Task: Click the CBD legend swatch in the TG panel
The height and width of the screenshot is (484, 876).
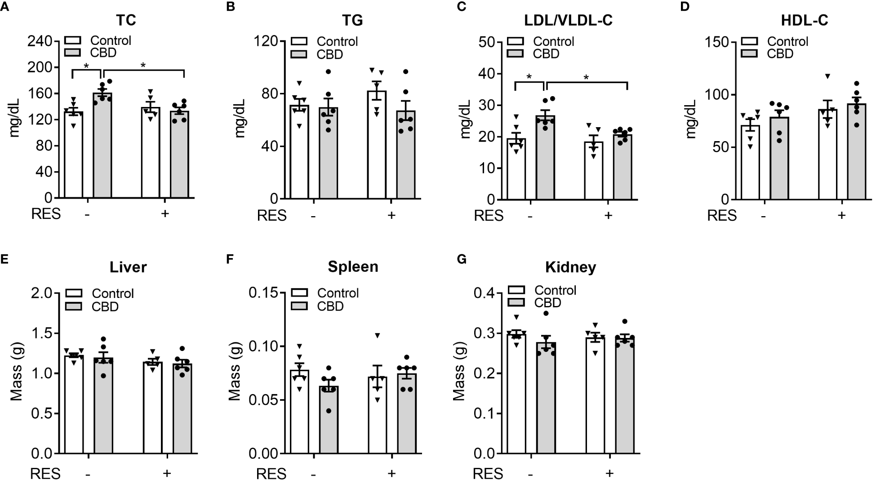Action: (299, 54)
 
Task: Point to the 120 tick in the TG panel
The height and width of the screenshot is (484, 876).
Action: (266, 41)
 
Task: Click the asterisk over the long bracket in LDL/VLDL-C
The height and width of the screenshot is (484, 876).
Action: (586, 77)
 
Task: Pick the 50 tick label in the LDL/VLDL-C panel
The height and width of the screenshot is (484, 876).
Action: (486, 42)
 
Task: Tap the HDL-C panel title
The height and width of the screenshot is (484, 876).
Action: (805, 20)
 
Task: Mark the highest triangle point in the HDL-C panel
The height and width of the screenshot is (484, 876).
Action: (827, 76)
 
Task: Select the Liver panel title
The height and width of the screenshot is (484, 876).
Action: (128, 267)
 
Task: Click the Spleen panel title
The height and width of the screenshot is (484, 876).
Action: (353, 266)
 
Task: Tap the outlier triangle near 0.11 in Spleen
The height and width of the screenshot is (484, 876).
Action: (378, 335)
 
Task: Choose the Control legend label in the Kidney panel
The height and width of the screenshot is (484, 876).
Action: (555, 290)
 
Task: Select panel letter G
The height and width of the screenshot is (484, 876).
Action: (462, 260)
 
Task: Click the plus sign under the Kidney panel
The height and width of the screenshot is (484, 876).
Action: (609, 473)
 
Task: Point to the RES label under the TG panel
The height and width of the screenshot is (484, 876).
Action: (271, 216)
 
